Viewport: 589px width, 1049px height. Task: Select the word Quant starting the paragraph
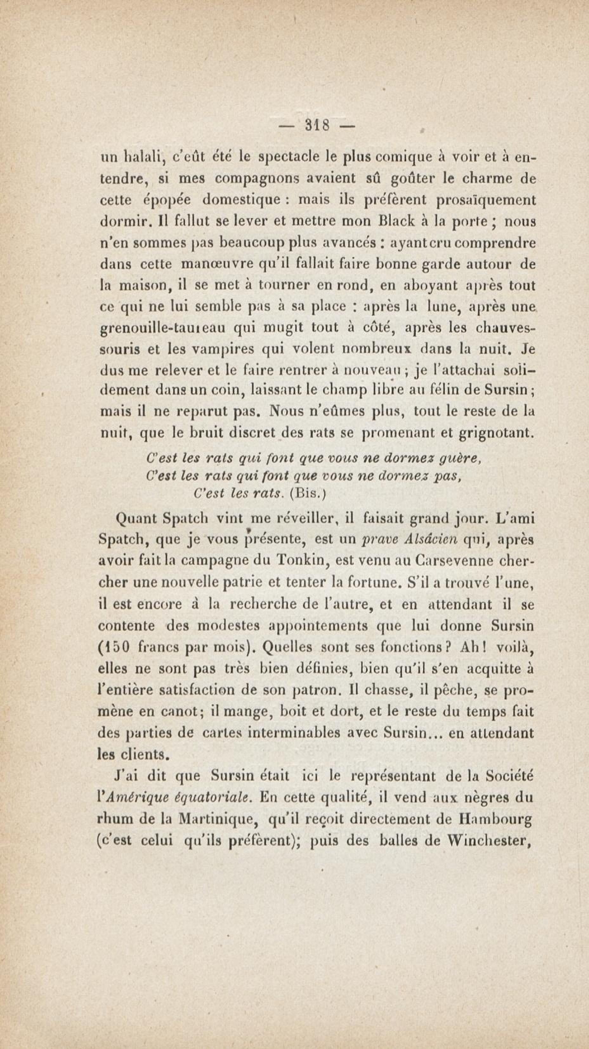(136, 519)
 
